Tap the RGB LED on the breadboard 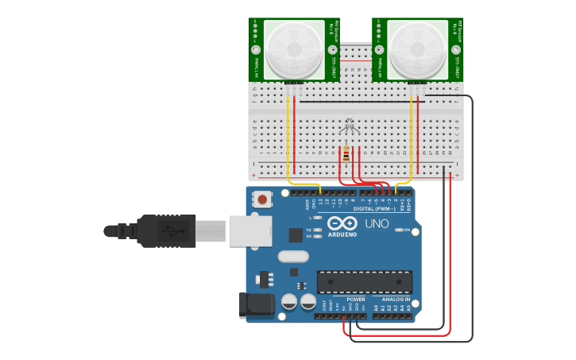tap(348, 126)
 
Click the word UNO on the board tap(377, 223)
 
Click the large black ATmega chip tap(365, 281)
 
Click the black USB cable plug tap(167, 230)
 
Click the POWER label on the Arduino tap(356, 300)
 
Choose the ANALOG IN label tap(394, 300)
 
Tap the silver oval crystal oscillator tap(293, 257)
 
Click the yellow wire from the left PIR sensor tap(288, 143)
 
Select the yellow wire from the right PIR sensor tap(411, 143)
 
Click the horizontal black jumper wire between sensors tap(358, 102)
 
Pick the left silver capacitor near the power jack tap(289, 301)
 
